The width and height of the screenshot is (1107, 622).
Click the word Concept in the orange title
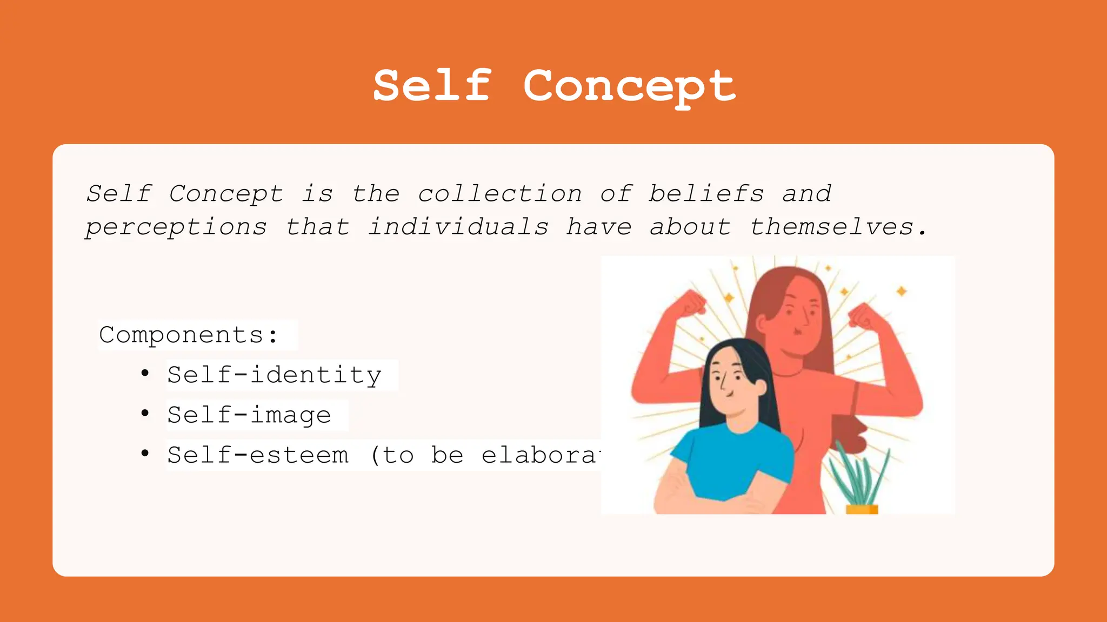[x=629, y=86]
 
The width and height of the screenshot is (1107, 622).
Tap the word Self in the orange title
[x=432, y=86]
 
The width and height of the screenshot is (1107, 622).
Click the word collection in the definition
[x=500, y=194]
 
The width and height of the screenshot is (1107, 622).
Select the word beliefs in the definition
[x=706, y=194]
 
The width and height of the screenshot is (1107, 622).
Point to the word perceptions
[x=176, y=227]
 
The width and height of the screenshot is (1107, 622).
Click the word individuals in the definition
[x=458, y=227]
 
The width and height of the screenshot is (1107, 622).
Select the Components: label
[x=189, y=335]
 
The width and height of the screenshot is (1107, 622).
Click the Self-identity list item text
[x=275, y=375]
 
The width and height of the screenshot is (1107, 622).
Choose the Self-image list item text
[x=249, y=415]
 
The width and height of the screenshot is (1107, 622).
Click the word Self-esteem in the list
[x=258, y=455]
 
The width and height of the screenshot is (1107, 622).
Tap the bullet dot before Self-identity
[x=144, y=373]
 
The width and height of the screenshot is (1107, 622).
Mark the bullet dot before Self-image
[x=144, y=413]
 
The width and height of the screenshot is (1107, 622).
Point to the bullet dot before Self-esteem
[x=144, y=453]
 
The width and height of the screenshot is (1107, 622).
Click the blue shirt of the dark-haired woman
[x=730, y=459]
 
